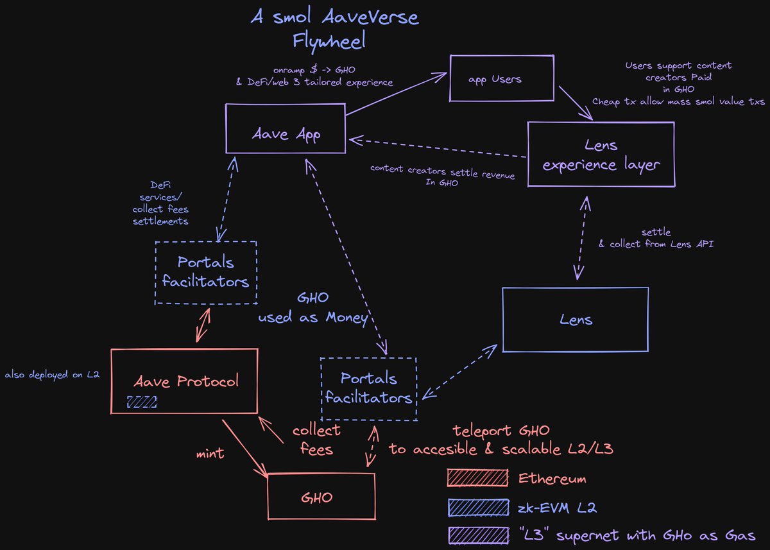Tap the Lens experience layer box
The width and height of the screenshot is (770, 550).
pos(601,155)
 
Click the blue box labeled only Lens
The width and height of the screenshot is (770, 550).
pos(575,320)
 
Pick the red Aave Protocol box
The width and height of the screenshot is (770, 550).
pos(185,381)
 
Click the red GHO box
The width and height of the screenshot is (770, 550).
pos(321,497)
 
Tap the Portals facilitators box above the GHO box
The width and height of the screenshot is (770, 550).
pos(368,388)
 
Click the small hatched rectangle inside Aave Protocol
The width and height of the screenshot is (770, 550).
pos(142,402)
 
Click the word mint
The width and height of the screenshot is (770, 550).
pos(210,454)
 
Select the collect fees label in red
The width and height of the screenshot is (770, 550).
pos(316,440)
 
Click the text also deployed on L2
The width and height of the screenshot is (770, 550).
pos(52,374)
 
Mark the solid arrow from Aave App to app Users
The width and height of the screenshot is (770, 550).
pos(397,94)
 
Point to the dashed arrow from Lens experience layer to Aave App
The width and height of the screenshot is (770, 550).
pos(436,147)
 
